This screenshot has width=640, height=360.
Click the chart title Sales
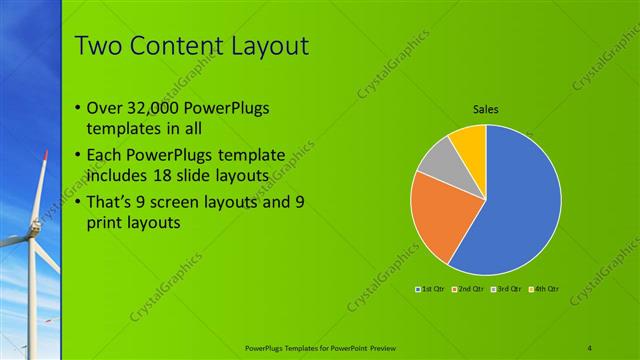[x=486, y=110]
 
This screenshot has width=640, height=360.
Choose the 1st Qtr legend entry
[x=432, y=289]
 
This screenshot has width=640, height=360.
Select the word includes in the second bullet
[x=119, y=176]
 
